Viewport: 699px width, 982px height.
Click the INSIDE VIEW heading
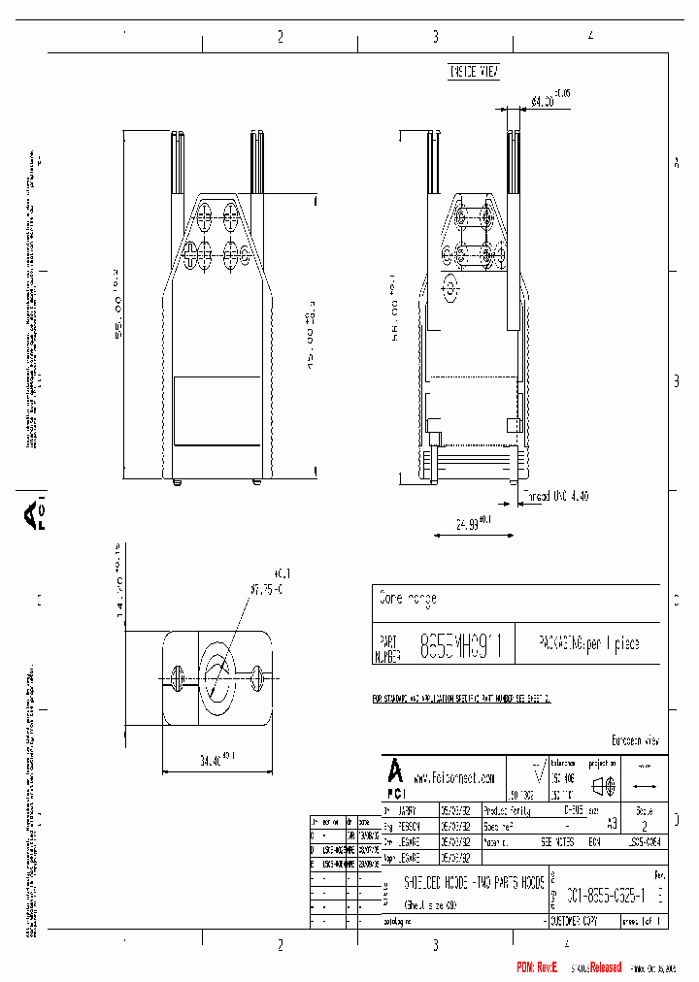click(x=473, y=73)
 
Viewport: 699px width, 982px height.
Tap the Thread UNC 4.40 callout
click(x=555, y=496)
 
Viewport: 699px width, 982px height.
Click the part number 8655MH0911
click(x=459, y=647)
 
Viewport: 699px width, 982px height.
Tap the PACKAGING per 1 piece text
click(x=588, y=644)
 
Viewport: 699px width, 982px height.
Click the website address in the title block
click(x=454, y=778)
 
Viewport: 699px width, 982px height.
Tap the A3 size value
click(x=611, y=822)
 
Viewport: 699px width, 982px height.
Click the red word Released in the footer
click(x=598, y=967)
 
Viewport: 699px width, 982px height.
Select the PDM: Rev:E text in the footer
click(x=538, y=967)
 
